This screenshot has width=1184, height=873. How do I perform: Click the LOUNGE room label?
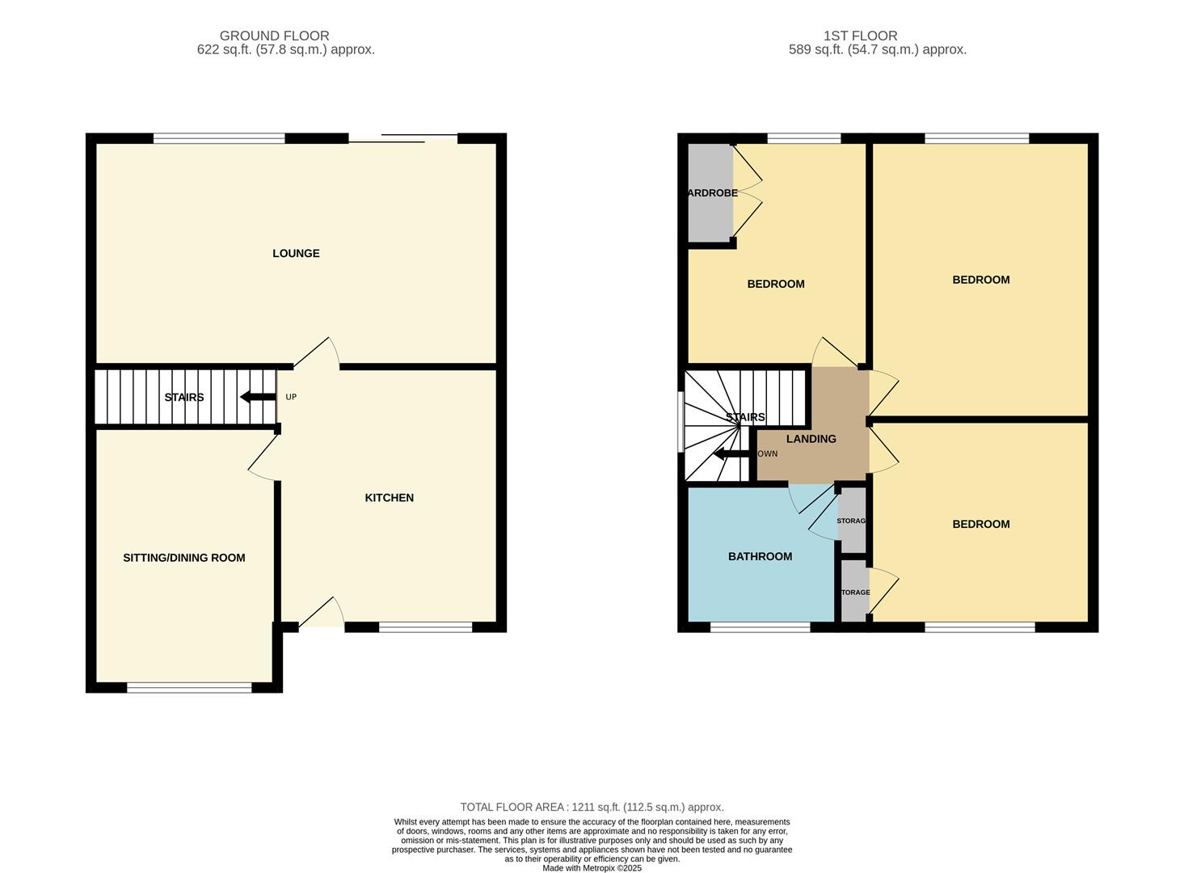(296, 253)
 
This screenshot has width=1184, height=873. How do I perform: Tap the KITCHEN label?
(389, 498)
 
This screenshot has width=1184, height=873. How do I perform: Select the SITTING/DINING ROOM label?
(183, 558)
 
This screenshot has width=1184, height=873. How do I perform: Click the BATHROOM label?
(760, 556)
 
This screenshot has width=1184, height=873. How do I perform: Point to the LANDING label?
(811, 439)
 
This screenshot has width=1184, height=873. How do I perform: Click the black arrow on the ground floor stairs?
(258, 397)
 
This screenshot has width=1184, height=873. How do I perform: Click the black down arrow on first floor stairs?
(731, 454)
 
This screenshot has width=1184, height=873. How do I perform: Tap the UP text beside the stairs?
(291, 397)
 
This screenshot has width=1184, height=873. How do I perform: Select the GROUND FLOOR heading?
(274, 36)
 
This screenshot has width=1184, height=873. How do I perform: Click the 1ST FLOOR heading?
(860, 36)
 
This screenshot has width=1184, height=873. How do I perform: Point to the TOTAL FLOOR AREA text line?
(592, 807)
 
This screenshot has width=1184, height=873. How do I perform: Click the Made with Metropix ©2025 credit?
(592, 868)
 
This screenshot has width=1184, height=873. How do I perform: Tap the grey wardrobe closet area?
(710, 192)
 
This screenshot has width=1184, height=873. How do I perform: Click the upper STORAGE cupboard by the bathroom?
(851, 521)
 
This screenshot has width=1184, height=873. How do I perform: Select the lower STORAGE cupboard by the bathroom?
(853, 593)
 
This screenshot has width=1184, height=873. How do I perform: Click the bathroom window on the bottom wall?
(760, 626)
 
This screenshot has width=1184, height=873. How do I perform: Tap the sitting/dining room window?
(189, 688)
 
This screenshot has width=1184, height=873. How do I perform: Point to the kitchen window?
(425, 626)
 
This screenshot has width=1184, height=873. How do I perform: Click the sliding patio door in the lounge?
(403, 139)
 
